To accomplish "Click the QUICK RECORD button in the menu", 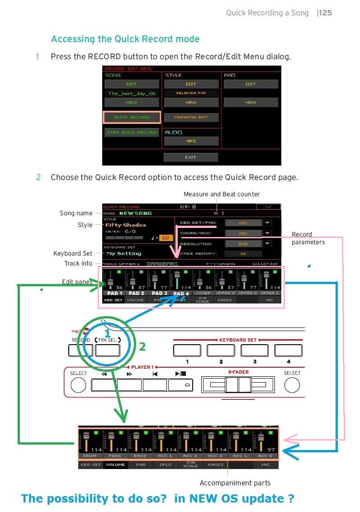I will tap(132, 118).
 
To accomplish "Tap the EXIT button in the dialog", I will tap(190, 157).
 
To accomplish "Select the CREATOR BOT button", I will tap(191, 118).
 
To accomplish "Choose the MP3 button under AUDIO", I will tap(191, 141).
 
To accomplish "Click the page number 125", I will tap(325, 13).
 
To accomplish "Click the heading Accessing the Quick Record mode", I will tap(125, 39).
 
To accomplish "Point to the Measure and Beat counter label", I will tap(222, 194).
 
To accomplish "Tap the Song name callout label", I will tap(76, 213).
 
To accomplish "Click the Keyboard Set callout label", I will tap(73, 253).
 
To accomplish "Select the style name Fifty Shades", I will tap(126, 225).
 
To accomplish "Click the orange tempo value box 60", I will tap(166, 237).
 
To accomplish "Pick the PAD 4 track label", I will tap(181, 293).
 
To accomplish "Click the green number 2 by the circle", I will tap(142, 347).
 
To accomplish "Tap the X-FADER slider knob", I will tap(238, 385).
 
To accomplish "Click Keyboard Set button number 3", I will tap(254, 351).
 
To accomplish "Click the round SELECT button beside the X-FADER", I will tap(292, 385).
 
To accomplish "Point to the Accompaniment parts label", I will tap(235, 483).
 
